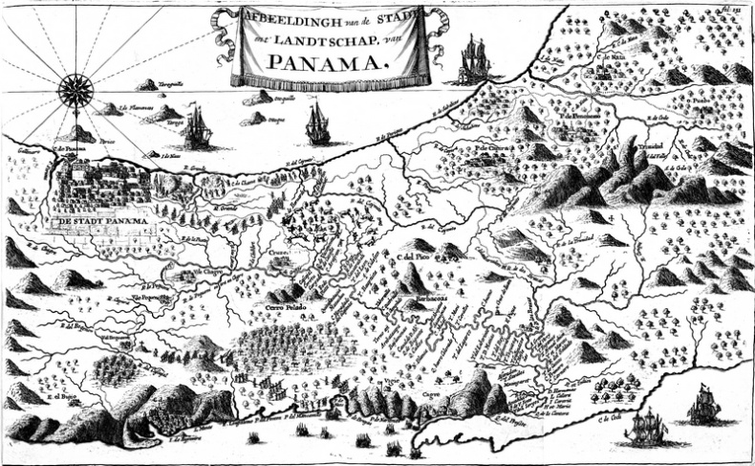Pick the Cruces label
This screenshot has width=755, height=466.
(x=278, y=255)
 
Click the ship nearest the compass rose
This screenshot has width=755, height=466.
(x=198, y=126)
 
